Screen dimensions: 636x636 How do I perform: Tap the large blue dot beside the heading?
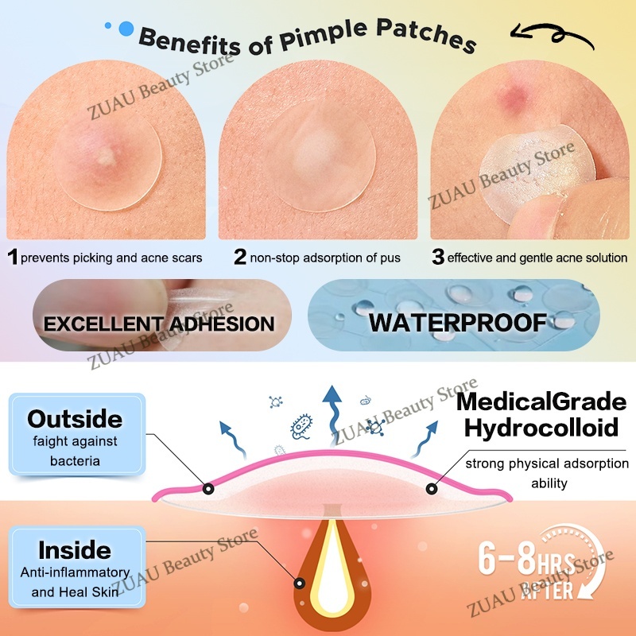pyautogui.click(x=126, y=29)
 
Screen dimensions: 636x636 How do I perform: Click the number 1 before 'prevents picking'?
pyautogui.click(x=13, y=257)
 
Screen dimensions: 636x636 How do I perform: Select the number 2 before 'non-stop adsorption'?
pyautogui.click(x=240, y=257)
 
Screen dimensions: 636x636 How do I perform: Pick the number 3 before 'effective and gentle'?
pyautogui.click(x=437, y=257)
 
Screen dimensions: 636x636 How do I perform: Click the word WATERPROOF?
pyautogui.click(x=457, y=323)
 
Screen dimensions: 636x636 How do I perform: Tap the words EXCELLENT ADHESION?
pyautogui.click(x=158, y=324)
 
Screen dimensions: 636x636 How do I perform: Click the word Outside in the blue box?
pyautogui.click(x=76, y=419)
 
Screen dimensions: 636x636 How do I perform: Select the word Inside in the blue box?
pyautogui.click(x=76, y=549)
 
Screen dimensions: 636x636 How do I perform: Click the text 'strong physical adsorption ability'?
pyautogui.click(x=547, y=473)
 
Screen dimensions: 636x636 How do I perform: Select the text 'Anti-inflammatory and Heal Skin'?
pyautogui.click(x=76, y=580)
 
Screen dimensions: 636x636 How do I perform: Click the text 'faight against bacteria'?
pyautogui.click(x=76, y=449)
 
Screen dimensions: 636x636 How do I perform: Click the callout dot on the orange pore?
pyautogui.click(x=300, y=583)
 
